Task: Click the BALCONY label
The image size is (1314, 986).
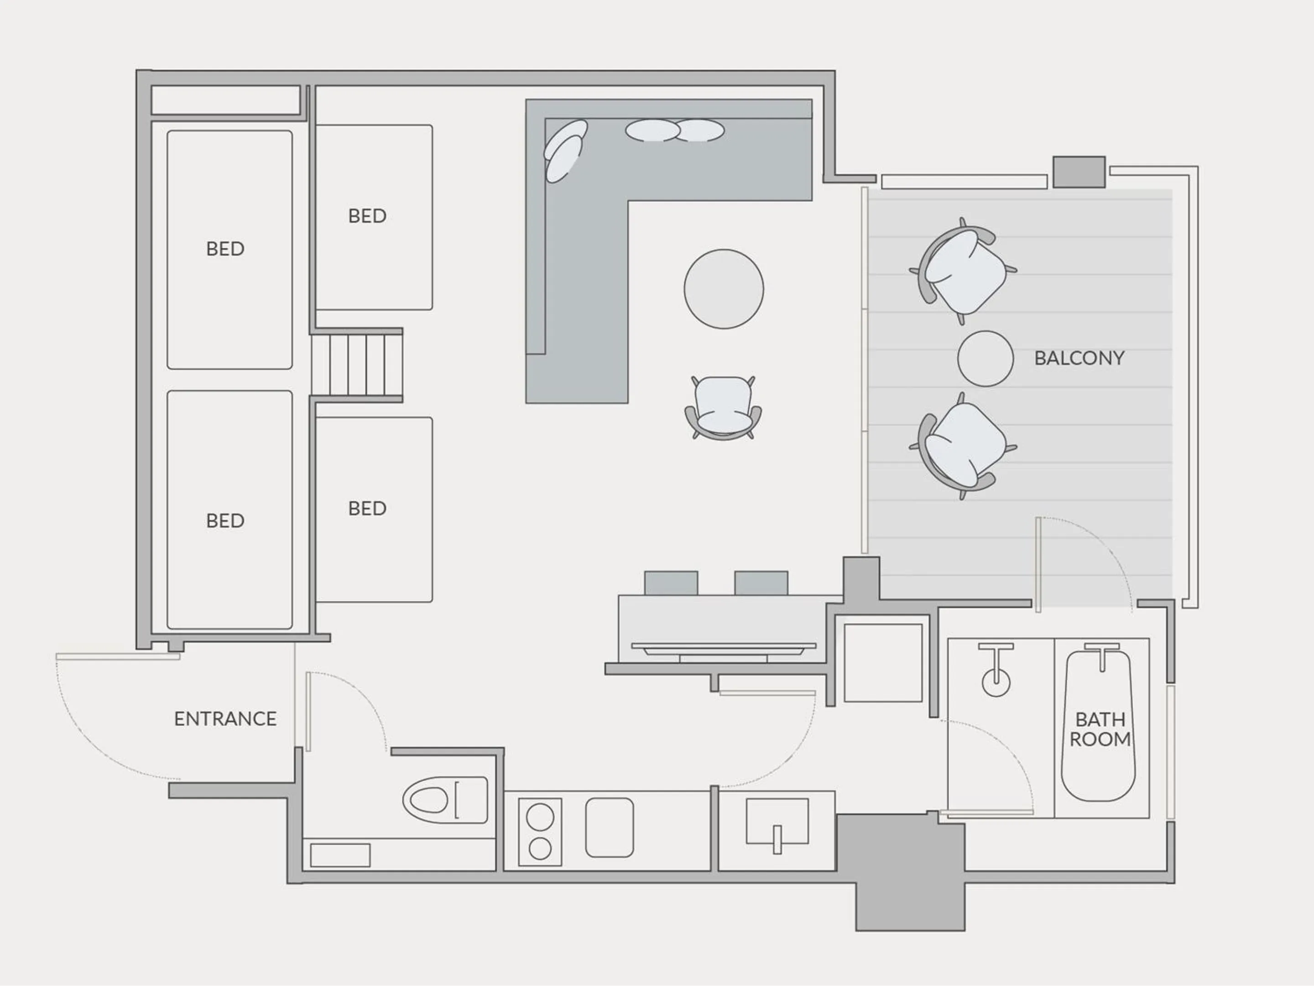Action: [1079, 358]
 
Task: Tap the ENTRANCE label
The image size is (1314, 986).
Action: [225, 719]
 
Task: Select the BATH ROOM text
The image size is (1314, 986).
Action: [1100, 729]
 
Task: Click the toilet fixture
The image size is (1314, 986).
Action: [444, 800]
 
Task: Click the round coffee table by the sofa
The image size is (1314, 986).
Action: [724, 289]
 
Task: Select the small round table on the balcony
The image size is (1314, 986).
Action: [985, 358]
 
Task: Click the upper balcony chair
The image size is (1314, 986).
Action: [963, 272]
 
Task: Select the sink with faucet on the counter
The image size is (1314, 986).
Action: [777, 823]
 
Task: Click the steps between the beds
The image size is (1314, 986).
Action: [357, 365]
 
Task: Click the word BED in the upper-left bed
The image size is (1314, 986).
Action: [225, 248]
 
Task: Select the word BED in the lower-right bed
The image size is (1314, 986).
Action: [367, 508]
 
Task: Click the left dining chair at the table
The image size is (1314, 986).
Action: [671, 582]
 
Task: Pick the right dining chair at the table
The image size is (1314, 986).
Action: [761, 582]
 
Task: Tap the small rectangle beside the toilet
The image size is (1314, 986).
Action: [340, 855]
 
